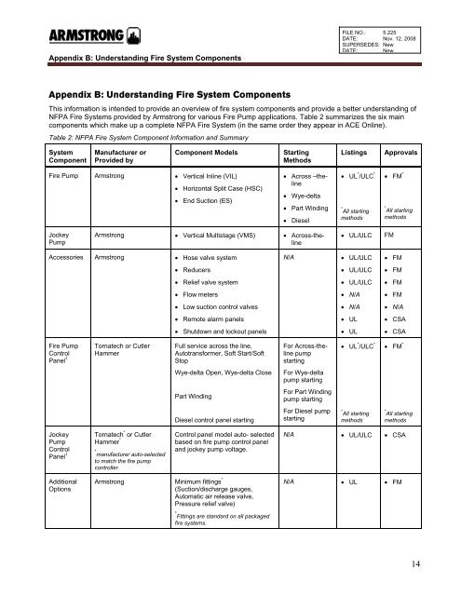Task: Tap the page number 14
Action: pyautogui.click(x=436, y=562)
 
